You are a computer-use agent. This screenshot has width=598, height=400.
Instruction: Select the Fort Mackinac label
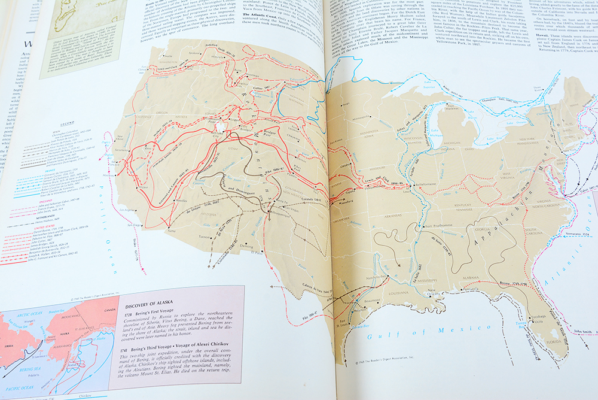[x=460, y=110]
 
